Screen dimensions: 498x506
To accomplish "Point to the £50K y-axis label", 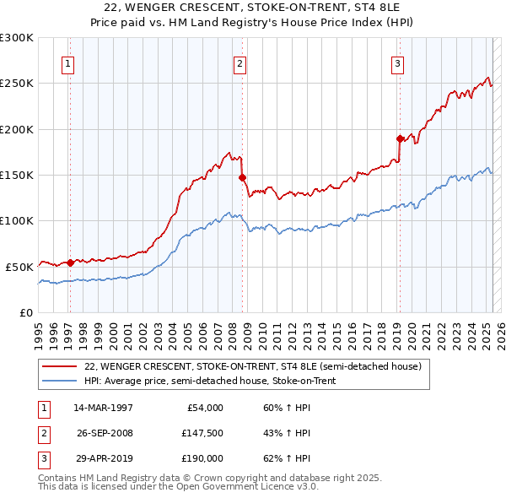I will (19, 266).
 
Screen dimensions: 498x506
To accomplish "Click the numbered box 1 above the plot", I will (67, 62).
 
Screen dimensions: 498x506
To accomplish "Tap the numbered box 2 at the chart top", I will (240, 62).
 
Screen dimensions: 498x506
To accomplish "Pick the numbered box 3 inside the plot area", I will (397, 62).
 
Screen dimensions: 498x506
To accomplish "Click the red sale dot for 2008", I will (243, 177).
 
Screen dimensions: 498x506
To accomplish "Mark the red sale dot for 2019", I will (400, 138).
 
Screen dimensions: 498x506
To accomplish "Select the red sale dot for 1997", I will (70, 263).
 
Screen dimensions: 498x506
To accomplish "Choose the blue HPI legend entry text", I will (210, 381).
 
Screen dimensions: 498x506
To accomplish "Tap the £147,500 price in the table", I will (203, 433).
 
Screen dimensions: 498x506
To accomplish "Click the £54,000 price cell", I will (203, 408).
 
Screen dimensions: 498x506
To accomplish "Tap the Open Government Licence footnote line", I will (178, 487).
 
